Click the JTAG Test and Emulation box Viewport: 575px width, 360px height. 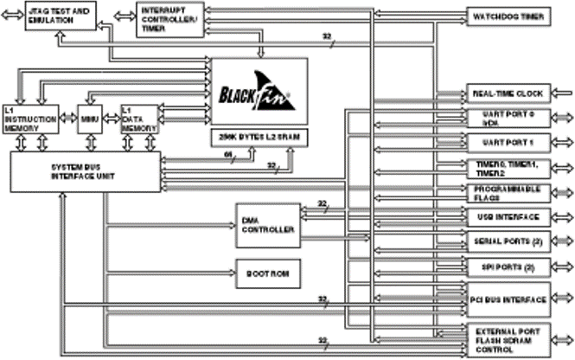pyautogui.click(x=59, y=15)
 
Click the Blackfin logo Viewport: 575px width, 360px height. pyautogui.click(x=259, y=93)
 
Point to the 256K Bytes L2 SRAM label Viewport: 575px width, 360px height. pyautogui.click(x=259, y=138)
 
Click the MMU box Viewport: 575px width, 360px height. pyautogui.click(x=89, y=119)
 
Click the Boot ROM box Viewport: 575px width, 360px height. pyautogui.click(x=266, y=273)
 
